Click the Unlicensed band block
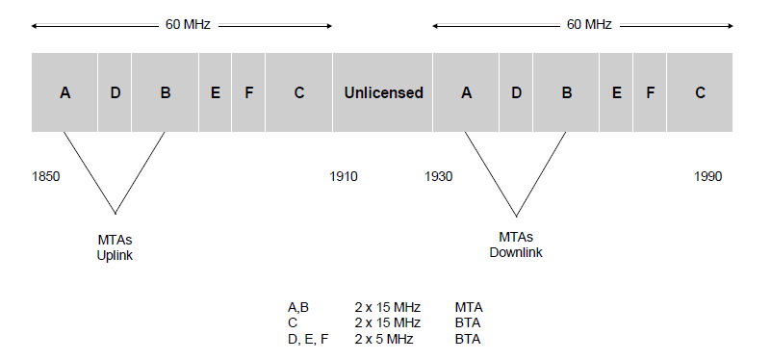(x=383, y=92)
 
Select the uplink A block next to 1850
(x=64, y=92)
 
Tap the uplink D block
(x=115, y=92)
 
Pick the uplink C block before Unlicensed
(x=299, y=92)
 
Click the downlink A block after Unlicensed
(x=467, y=92)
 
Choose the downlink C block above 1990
(x=700, y=92)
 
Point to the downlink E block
(x=616, y=92)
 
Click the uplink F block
(x=248, y=92)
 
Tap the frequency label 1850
(x=46, y=176)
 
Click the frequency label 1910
(x=344, y=176)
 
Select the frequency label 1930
(x=438, y=176)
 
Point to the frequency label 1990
(x=707, y=176)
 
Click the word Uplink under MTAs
(x=115, y=255)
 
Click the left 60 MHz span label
(x=183, y=25)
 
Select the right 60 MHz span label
(x=584, y=25)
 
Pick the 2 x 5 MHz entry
(x=384, y=339)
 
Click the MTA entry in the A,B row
(x=468, y=307)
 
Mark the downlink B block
(x=566, y=92)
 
